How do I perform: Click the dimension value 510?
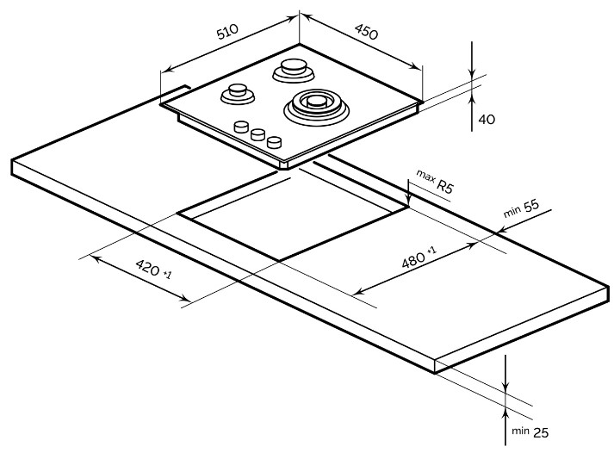(x=226, y=34)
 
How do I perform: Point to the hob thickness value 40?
(x=487, y=119)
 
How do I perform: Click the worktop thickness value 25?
(x=540, y=432)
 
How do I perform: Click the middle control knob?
(x=257, y=134)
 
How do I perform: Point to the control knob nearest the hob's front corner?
(x=274, y=142)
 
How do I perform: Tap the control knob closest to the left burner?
(x=240, y=127)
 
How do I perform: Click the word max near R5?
(x=425, y=176)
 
